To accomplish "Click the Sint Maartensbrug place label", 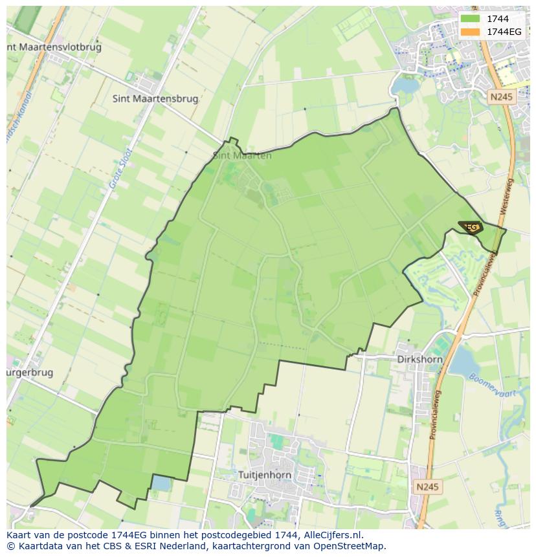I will tap(155, 99).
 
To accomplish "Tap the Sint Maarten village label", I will tap(242, 155).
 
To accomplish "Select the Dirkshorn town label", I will tap(419, 360).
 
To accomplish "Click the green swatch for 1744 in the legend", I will tap(470, 19).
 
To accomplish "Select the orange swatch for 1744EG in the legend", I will tap(470, 32).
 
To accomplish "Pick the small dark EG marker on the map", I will tap(471, 227).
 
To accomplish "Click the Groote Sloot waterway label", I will tap(120, 169).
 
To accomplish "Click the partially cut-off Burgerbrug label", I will tap(30, 373).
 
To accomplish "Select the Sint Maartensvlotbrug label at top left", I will tap(54, 47).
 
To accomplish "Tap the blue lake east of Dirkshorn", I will tap(464, 362).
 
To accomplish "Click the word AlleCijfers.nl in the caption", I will tap(333, 535).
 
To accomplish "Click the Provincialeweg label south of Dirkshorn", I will tap(435, 414).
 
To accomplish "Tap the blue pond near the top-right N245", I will tap(405, 85).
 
